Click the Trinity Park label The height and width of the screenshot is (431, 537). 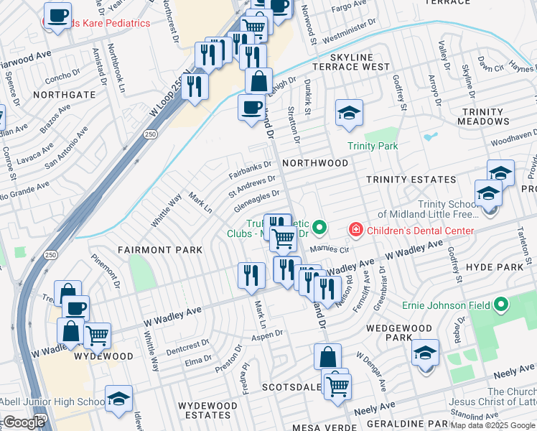[x=373, y=146]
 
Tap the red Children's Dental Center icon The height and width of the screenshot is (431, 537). [x=355, y=231]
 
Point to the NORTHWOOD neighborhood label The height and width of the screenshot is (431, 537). [x=315, y=163]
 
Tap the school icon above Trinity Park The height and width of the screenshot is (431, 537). [x=349, y=113]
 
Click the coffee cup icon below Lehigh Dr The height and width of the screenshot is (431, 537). [x=251, y=107]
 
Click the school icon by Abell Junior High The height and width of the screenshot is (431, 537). [x=118, y=399]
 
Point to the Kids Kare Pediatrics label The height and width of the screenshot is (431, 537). [x=101, y=23]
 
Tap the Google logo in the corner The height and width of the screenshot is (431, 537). [x=24, y=422]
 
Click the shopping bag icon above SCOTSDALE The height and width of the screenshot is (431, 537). [x=327, y=356]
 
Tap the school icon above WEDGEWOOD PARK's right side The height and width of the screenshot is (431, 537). [x=425, y=353]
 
